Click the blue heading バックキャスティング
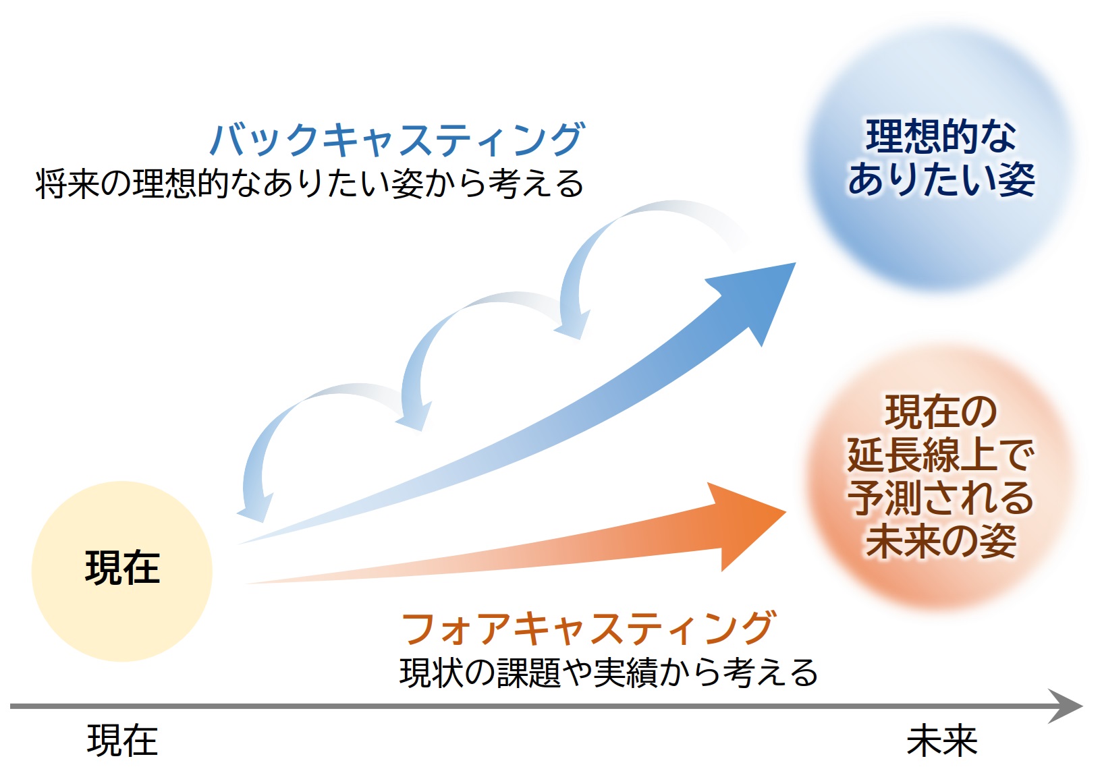tap(397, 140)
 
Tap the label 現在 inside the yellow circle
tap(122, 568)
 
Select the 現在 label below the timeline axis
tap(122, 741)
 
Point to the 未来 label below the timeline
tap(941, 741)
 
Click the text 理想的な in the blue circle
tap(941, 137)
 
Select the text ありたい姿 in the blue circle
tap(941, 179)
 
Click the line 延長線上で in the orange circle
tap(941, 455)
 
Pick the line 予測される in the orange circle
tap(941, 498)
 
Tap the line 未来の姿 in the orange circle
tap(941, 540)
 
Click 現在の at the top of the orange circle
tap(941, 412)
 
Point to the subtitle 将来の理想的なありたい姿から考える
tap(309, 183)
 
